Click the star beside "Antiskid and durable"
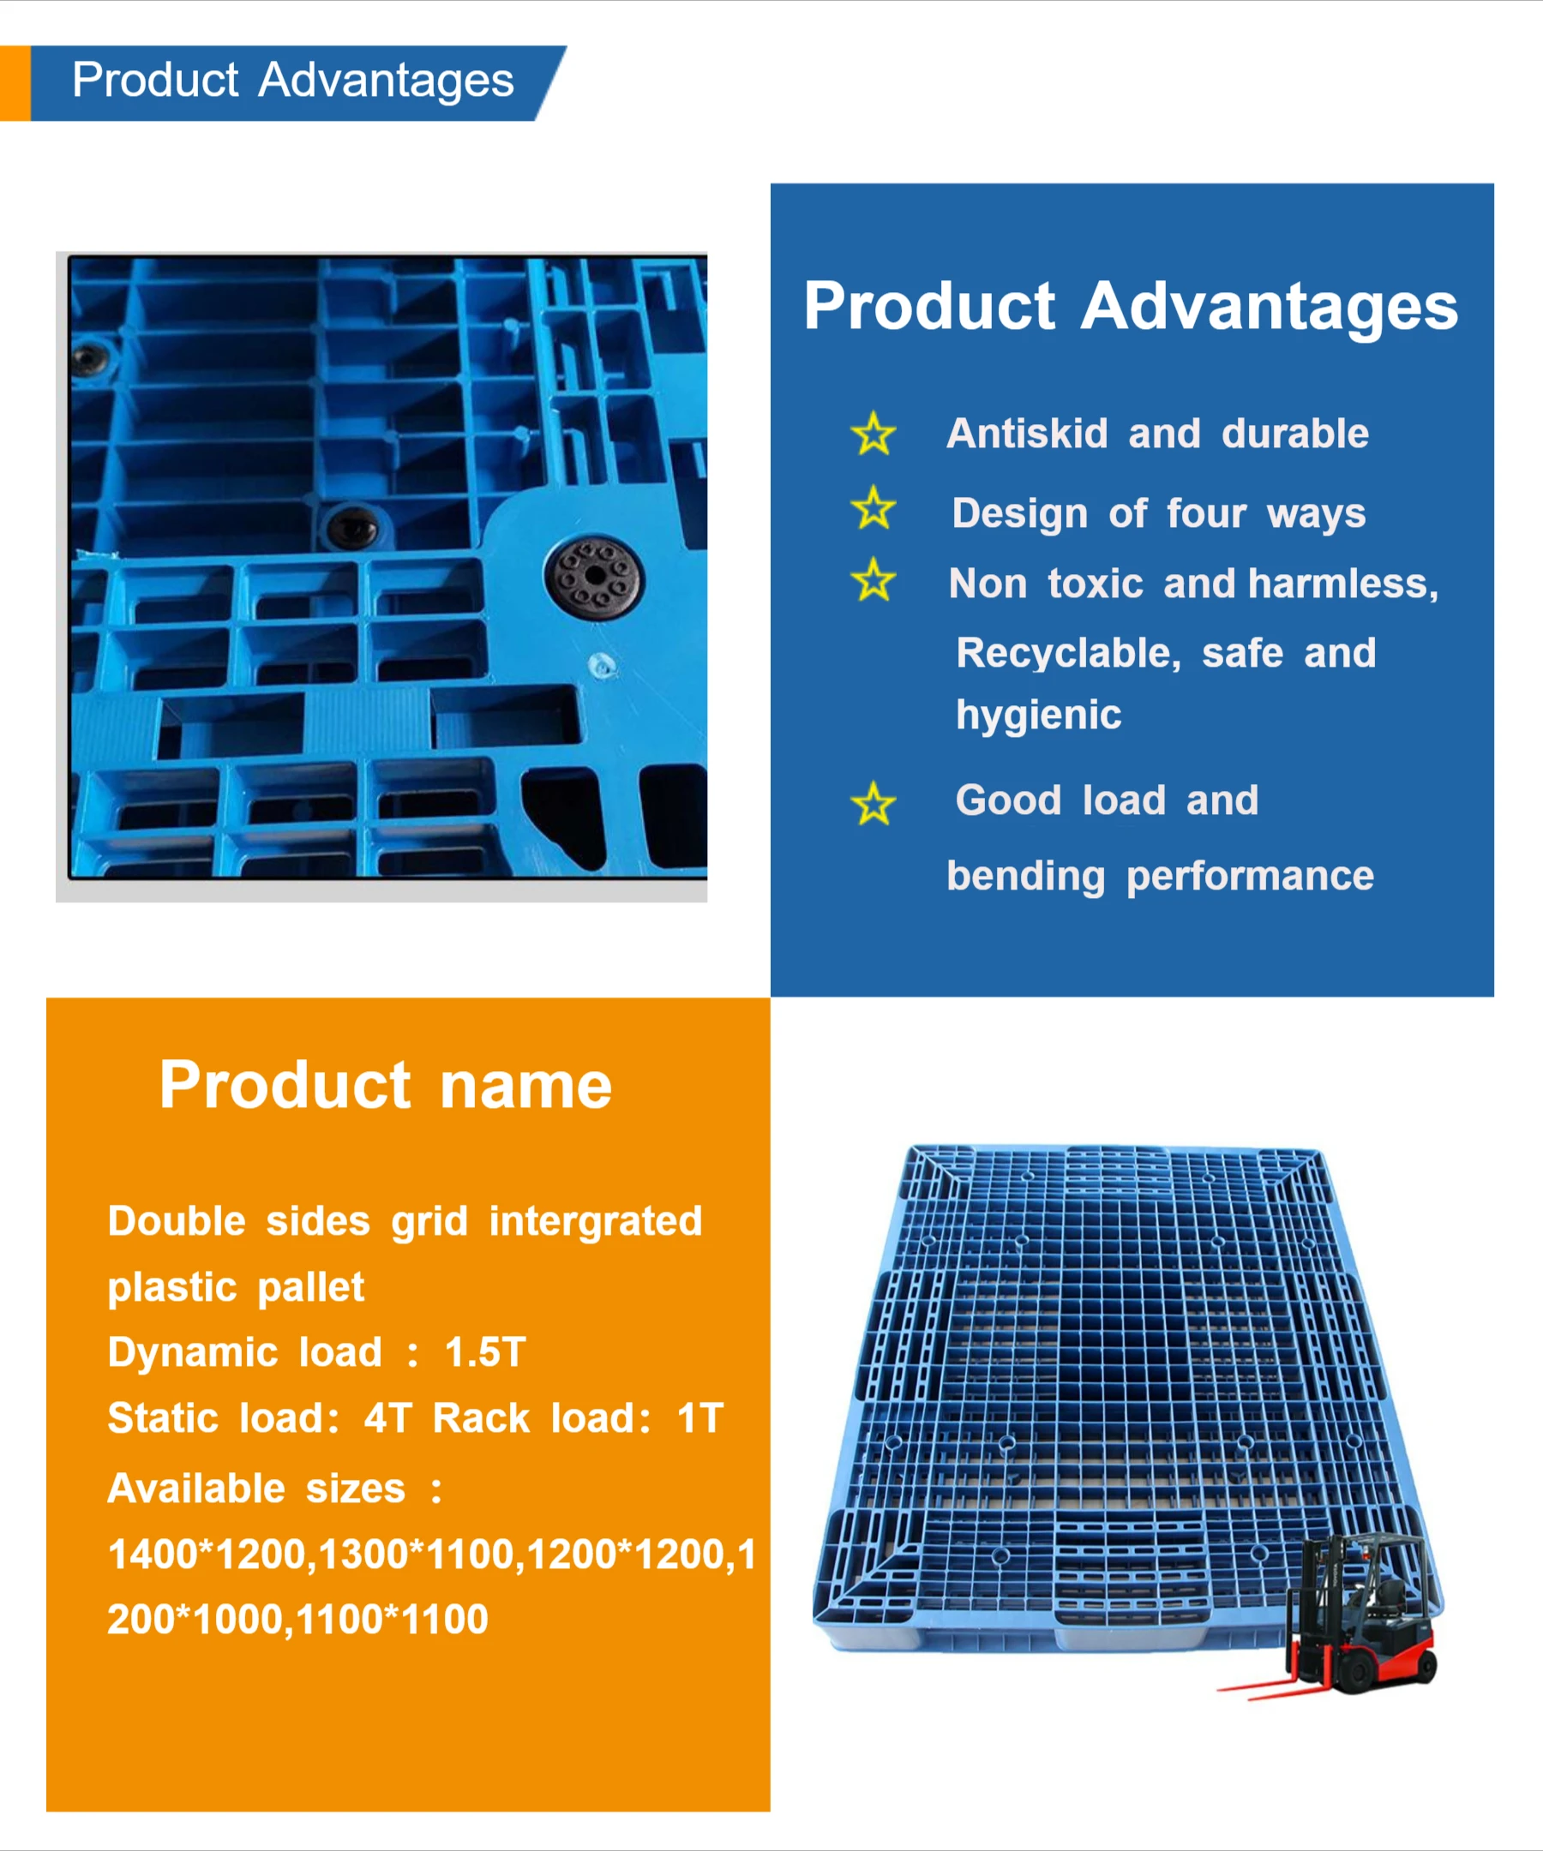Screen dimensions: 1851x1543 [x=873, y=434]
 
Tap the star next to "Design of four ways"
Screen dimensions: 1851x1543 [x=873, y=508]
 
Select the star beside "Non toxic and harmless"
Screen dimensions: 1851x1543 [x=873, y=580]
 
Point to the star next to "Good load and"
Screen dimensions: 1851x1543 [x=873, y=804]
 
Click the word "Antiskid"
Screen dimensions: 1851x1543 [x=1026, y=434]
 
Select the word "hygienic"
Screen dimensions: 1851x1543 [x=1038, y=714]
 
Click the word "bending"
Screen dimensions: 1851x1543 [x=1024, y=876]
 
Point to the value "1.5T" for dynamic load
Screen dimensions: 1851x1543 [x=485, y=1352]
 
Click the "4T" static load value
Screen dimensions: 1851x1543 [x=388, y=1418]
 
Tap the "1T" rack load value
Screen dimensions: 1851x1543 [x=700, y=1418]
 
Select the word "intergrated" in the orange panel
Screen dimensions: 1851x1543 [x=595, y=1222]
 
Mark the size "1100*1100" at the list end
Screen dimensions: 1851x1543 [x=392, y=1619]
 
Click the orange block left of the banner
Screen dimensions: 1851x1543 [x=15, y=83]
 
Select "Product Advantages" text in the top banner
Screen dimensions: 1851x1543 [x=292, y=81]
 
